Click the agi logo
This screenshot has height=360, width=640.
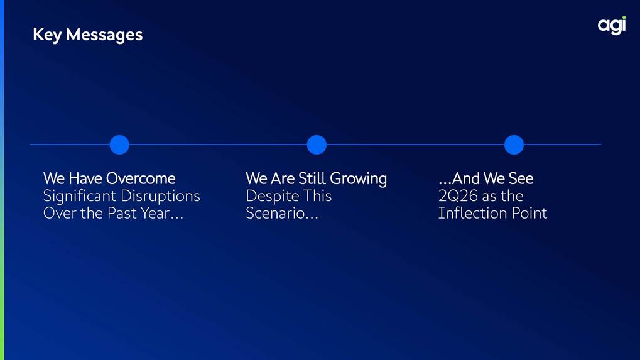612,25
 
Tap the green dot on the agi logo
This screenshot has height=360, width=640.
624,18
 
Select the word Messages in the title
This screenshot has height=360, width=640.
104,35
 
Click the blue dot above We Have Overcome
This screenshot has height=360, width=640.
119,145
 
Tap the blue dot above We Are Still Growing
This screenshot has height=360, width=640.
317,145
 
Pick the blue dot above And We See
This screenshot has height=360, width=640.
514,145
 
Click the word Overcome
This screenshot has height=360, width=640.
141,178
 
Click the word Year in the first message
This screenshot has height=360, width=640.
155,213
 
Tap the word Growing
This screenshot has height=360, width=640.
359,179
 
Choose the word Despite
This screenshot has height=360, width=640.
271,196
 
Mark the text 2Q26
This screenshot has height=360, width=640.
458,196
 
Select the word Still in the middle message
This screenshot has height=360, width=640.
312,178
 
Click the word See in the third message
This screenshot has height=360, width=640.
521,178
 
